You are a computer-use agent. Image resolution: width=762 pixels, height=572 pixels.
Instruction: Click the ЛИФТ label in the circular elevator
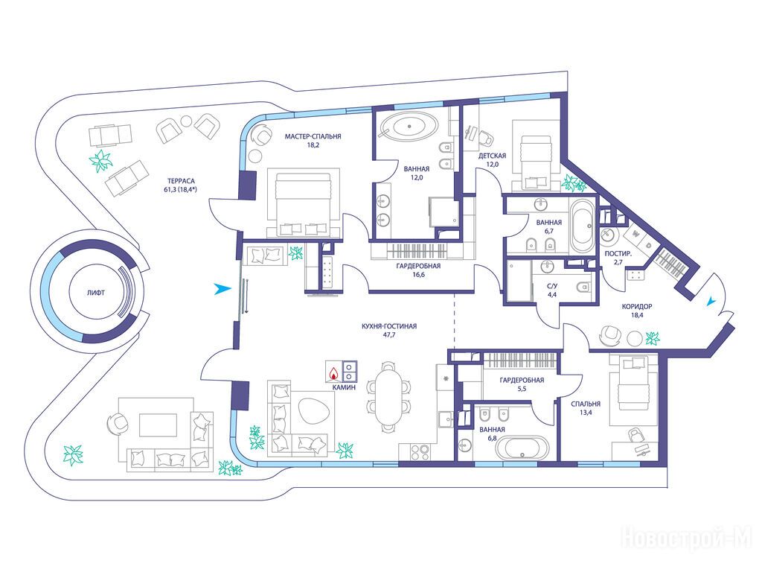click(x=96, y=293)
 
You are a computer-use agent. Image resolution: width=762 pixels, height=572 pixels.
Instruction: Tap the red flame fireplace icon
click(x=333, y=373)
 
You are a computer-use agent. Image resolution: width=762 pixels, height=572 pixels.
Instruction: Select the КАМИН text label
click(x=344, y=387)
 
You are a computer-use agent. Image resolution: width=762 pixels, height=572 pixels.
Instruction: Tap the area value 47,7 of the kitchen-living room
click(x=388, y=334)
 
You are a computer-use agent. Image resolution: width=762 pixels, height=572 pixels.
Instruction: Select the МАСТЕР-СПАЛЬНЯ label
click(x=313, y=137)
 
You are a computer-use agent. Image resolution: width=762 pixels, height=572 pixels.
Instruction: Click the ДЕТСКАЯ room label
click(x=493, y=156)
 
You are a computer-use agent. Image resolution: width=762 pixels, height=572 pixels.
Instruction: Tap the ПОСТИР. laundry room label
click(x=618, y=254)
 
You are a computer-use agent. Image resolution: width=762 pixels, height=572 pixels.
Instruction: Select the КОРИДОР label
click(x=637, y=306)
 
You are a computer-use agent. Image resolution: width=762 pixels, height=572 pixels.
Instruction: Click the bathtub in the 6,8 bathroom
click(x=522, y=447)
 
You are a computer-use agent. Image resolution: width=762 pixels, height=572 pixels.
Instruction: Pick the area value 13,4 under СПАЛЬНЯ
click(x=586, y=413)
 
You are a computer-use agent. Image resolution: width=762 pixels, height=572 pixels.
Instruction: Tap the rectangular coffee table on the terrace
click(x=159, y=425)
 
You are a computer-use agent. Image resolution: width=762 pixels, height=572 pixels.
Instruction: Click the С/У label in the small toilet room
click(x=554, y=286)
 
